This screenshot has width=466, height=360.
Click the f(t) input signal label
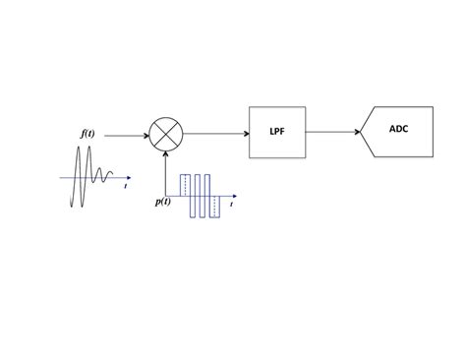[x=87, y=133]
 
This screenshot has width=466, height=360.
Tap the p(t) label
[x=163, y=202]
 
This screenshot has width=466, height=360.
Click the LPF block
[x=277, y=132]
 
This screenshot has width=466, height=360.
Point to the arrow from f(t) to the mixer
[x=126, y=135]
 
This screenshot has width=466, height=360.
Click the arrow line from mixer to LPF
[x=214, y=133]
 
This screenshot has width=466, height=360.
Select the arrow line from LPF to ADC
[x=332, y=133]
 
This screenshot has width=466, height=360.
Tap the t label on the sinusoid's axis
[x=126, y=186]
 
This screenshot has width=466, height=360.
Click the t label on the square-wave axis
[x=232, y=206]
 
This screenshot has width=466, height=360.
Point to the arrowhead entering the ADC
[x=357, y=133]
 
